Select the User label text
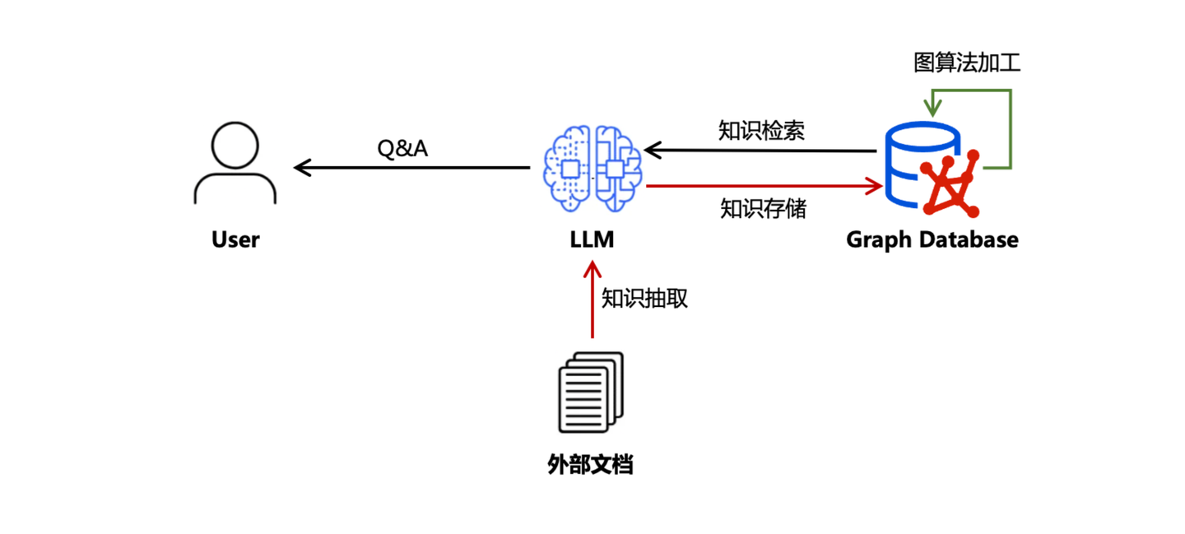click(235, 239)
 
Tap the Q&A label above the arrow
click(402, 149)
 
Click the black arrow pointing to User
click(411, 168)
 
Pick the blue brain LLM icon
click(592, 168)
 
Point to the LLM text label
click(592, 239)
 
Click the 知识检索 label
click(761, 131)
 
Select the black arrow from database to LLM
click(761, 151)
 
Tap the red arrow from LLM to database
click(761, 186)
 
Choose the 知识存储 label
click(763, 208)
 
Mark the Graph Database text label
click(932, 239)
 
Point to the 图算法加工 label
click(967, 63)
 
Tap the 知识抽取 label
click(644, 299)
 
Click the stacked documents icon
click(591, 392)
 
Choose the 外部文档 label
click(590, 464)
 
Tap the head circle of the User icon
click(235, 146)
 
